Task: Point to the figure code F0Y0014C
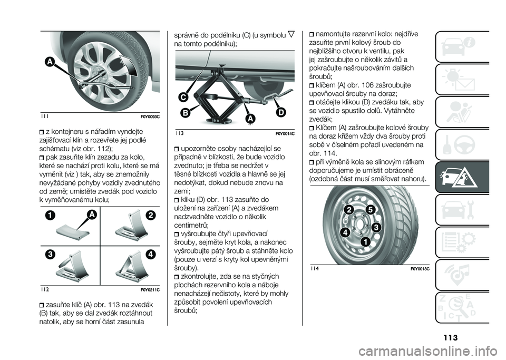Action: tap(284, 134)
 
